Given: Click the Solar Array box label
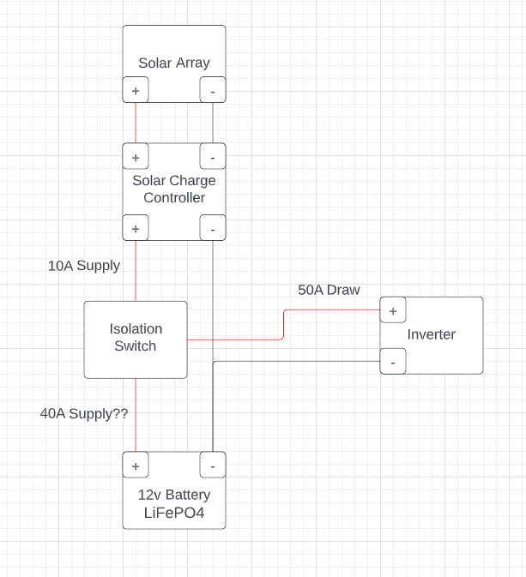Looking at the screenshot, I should (174, 63).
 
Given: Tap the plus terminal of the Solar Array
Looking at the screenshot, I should (136, 90).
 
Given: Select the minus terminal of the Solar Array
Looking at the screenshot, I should (213, 90).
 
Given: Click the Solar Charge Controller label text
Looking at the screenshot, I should (174, 189).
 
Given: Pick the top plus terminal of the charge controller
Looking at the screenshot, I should (136, 156).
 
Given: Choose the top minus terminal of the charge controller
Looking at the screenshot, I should (213, 156).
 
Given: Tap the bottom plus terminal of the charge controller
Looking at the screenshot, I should (136, 228).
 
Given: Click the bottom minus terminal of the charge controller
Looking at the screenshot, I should (213, 228).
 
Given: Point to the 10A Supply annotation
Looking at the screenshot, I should (84, 266).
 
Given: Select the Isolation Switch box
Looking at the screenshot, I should (136, 339).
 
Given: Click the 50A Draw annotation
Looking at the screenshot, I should (329, 290).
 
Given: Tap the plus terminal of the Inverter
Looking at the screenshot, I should (393, 310).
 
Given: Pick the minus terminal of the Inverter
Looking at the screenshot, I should (393, 362).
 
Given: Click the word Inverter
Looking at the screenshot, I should (432, 334).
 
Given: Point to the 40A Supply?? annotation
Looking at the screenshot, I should (84, 413).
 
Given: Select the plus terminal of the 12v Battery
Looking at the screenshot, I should (136, 465).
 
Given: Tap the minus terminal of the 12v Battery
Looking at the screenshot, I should (213, 465).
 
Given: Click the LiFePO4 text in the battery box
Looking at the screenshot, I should (174, 514).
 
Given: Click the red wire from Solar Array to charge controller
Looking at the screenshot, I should (136, 123).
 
